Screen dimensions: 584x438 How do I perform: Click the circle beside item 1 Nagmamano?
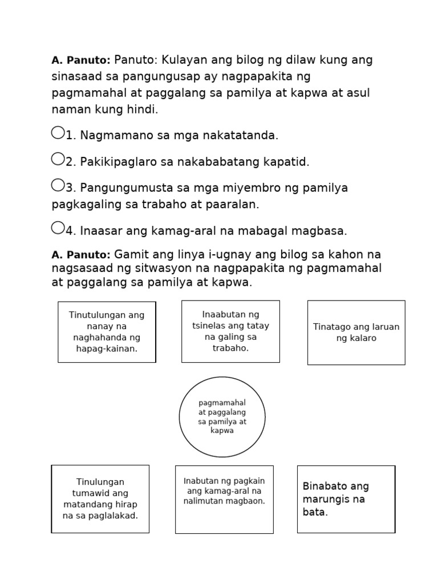click(x=58, y=133)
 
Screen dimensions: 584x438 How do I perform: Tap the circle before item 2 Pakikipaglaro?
click(x=58, y=159)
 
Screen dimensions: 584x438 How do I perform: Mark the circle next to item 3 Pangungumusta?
click(x=58, y=185)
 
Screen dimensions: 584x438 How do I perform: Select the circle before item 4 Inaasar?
click(x=58, y=228)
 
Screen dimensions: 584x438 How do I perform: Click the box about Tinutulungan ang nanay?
click(x=107, y=332)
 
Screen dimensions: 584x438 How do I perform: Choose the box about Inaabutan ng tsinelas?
click(x=230, y=331)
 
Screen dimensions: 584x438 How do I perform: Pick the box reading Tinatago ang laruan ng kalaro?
click(x=356, y=332)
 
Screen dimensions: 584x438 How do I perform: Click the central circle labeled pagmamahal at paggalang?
click(x=222, y=417)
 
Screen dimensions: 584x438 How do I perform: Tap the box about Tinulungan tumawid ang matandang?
click(x=100, y=499)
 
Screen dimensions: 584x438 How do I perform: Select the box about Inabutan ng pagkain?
click(x=224, y=499)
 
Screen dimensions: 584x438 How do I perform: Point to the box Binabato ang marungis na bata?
click(x=346, y=499)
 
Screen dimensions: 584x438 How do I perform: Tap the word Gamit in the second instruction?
click(x=132, y=254)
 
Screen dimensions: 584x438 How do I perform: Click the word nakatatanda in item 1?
click(x=241, y=136)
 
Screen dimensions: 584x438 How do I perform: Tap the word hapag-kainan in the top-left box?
click(x=107, y=349)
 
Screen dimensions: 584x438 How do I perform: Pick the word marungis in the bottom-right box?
click(x=328, y=499)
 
